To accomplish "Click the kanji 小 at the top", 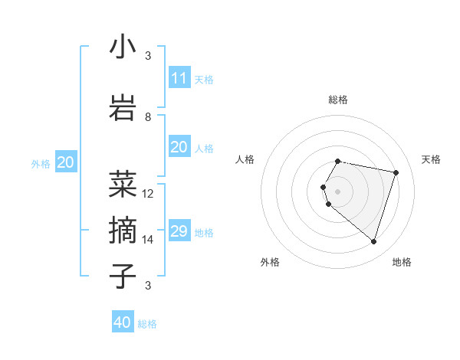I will [123, 47].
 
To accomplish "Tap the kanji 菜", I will [123, 185].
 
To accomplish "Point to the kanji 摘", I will [123, 230].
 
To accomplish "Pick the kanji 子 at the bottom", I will [123, 275].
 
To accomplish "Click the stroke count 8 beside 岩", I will [148, 116].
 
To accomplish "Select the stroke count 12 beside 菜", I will [148, 193].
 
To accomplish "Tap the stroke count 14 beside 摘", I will [148, 239].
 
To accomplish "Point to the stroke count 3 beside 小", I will [148, 55].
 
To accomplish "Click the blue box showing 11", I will [179, 78].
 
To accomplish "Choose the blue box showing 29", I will [179, 231].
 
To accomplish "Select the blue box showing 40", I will [123, 322].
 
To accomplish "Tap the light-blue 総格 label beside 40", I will [147, 324].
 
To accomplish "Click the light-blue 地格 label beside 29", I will [204, 233].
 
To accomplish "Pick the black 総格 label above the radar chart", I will [338, 100].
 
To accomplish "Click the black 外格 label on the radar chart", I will [270, 262].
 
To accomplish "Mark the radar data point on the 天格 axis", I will [396, 172].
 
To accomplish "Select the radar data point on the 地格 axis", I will [373, 241].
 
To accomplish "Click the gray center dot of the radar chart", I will [337, 191].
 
